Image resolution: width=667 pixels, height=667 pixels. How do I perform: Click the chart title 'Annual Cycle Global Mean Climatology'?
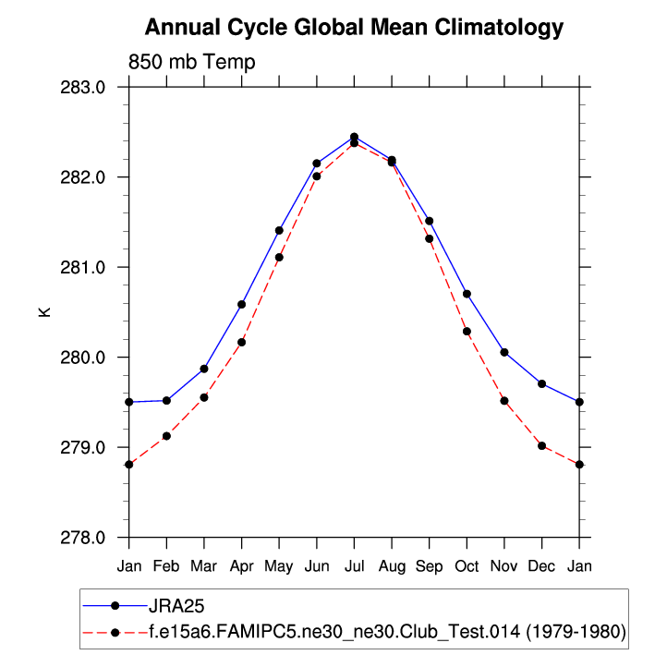354,27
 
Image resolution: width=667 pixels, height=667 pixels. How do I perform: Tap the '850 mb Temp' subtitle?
191,62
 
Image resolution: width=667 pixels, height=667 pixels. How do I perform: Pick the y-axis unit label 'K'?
43,312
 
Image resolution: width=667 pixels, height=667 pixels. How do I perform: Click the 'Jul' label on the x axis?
354,564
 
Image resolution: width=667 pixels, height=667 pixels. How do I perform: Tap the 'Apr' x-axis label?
241,564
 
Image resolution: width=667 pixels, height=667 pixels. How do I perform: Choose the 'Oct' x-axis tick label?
467,564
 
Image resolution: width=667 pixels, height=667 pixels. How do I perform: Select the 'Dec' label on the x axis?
541,564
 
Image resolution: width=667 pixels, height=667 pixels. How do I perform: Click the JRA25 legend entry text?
175,606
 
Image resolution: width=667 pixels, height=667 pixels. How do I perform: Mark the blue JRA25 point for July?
354,137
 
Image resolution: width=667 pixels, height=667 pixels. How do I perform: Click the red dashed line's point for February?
166,436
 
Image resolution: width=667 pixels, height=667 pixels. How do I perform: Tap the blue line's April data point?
241,304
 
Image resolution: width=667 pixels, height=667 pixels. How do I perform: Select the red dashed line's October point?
467,332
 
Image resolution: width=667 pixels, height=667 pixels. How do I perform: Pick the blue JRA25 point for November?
504,352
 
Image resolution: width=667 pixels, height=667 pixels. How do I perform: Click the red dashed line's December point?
541,445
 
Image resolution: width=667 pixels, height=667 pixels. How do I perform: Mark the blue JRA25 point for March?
204,369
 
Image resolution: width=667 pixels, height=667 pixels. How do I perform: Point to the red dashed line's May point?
279,258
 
